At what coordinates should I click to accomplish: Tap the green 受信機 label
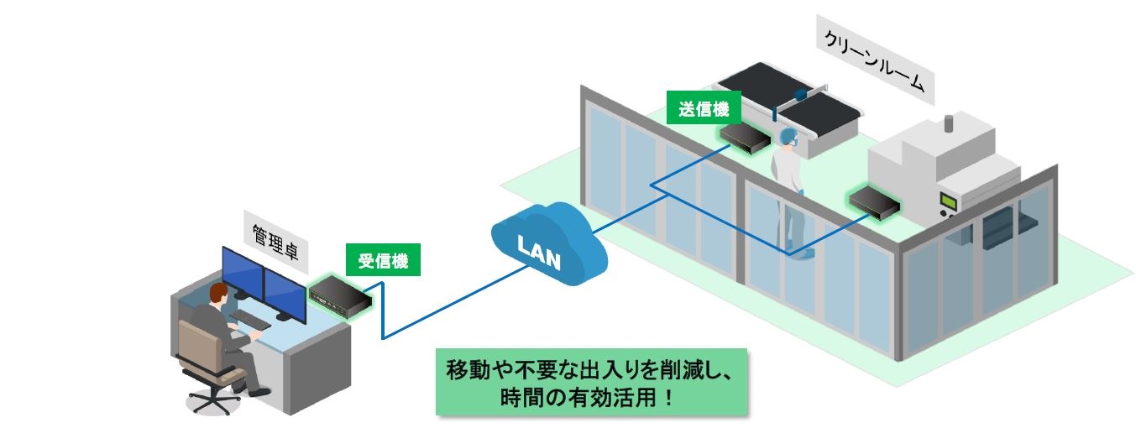pos(383,260)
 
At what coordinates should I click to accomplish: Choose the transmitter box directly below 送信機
pos(745,136)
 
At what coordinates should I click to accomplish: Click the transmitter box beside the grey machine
pos(874,202)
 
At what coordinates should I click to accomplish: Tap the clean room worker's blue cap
pos(787,136)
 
